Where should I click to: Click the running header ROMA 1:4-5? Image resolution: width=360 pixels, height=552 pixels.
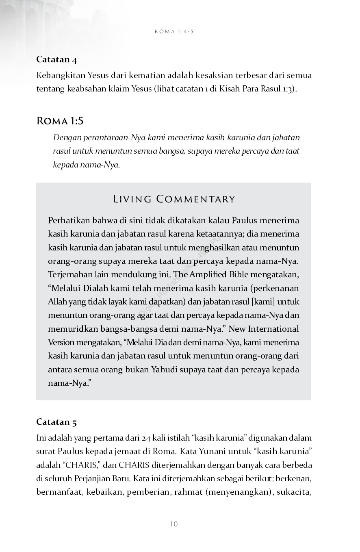pos(174,31)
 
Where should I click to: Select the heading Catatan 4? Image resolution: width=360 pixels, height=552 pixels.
pos(56,59)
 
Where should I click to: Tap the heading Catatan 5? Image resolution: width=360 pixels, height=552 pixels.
pos(56,422)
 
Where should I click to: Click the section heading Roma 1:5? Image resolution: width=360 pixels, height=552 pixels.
pos(60,121)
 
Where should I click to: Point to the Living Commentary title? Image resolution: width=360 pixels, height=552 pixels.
pos(174,199)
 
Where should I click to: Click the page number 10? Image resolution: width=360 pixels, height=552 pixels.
pos(174,524)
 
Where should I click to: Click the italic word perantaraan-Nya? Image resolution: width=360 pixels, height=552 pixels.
pos(106,138)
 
